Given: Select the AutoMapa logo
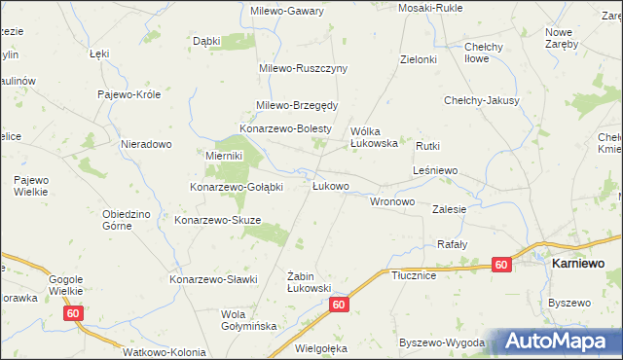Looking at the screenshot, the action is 559,342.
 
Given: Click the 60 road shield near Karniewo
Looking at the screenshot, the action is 500,265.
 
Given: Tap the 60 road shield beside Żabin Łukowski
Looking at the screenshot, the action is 337,305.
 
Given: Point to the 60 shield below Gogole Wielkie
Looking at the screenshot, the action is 74,313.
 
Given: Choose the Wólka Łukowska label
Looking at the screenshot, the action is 375,136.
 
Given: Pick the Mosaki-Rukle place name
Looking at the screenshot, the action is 429,8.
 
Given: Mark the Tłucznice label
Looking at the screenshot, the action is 413,275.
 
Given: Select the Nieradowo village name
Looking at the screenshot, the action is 146,144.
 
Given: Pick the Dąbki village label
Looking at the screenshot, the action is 206,41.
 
